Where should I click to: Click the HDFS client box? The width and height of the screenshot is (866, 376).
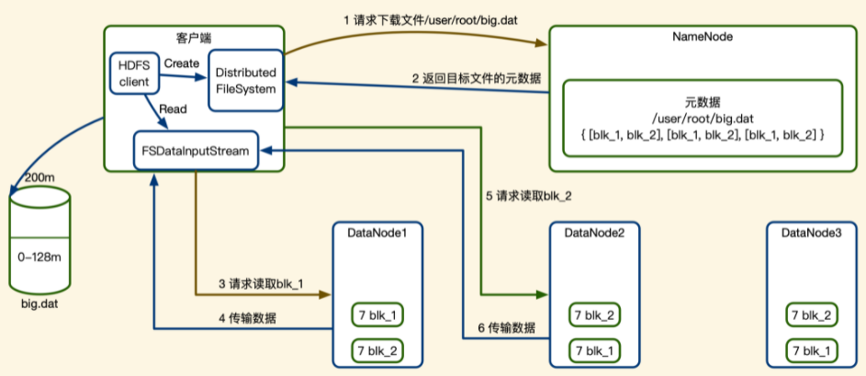[x=134, y=73]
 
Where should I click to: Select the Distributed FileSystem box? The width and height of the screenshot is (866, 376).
[x=244, y=81]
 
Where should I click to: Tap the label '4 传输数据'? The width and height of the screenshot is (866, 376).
[x=248, y=318]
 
